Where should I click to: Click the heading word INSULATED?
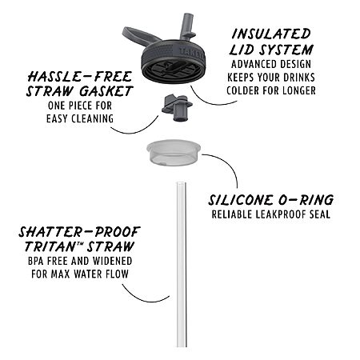[271, 34]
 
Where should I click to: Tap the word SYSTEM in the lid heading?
[286, 50]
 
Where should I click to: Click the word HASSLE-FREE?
[80, 77]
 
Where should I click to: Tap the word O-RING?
[306, 200]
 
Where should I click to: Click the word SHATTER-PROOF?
[79, 232]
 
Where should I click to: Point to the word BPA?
[35, 261]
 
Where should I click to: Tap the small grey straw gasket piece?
[177, 107]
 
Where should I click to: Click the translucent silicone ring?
[174, 152]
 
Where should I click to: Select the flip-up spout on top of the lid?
[188, 26]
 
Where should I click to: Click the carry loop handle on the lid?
[138, 35]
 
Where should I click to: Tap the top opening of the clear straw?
[181, 183]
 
